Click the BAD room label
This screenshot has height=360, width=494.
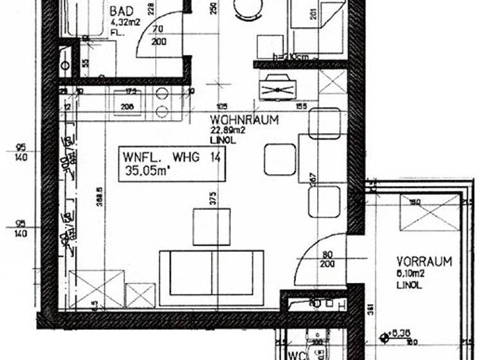coord(122,12)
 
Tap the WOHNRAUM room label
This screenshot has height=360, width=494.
coord(244,120)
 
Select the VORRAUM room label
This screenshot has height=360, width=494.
coord(424,262)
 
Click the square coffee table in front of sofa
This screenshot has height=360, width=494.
coord(212,227)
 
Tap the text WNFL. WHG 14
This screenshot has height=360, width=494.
coord(172,156)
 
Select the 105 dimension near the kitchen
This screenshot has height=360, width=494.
coord(222,106)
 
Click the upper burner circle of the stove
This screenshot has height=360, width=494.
coord(163,94)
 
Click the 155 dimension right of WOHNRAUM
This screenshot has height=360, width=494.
coord(301,106)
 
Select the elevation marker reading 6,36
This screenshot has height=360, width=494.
coord(401,334)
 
